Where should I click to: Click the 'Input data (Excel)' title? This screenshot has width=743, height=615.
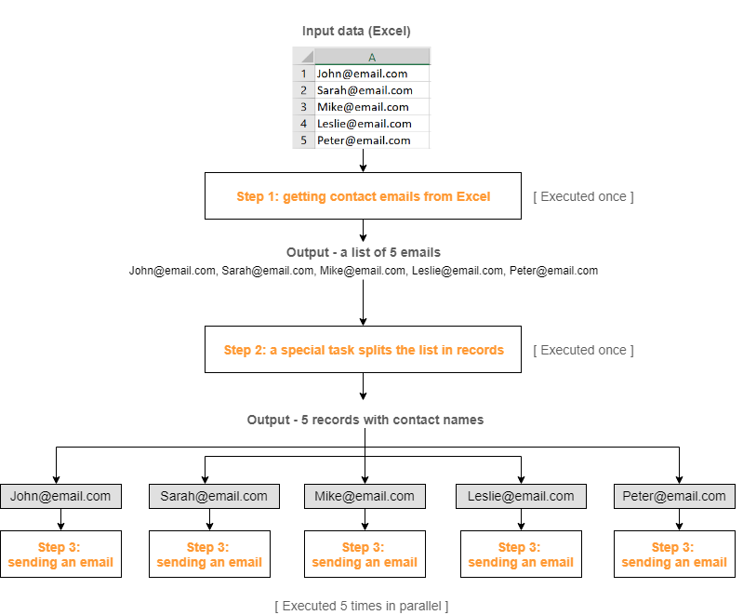pyautogui.click(x=356, y=32)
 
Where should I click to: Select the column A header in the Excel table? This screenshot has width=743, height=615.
pyautogui.click(x=372, y=57)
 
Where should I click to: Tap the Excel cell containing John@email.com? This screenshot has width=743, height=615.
pyautogui.click(x=372, y=74)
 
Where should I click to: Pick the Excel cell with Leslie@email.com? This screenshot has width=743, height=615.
pyautogui.click(x=372, y=124)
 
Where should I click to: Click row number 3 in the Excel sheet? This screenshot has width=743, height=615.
pyautogui.click(x=304, y=107)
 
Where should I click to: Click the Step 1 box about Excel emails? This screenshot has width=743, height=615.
pyautogui.click(x=363, y=195)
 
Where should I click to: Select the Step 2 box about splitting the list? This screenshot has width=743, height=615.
pyautogui.click(x=363, y=350)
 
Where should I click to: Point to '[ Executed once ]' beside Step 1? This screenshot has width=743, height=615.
pyautogui.click(x=583, y=196)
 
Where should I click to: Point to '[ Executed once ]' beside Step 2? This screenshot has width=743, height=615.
pyautogui.click(x=583, y=350)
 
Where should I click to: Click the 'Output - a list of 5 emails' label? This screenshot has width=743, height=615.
pyautogui.click(x=364, y=252)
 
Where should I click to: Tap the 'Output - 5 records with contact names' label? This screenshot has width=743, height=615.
pyautogui.click(x=365, y=420)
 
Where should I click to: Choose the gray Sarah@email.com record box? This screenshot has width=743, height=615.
pyautogui.click(x=214, y=497)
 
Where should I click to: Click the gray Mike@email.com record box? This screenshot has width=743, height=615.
pyautogui.click(x=365, y=497)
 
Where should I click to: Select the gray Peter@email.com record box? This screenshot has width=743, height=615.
pyautogui.click(x=674, y=497)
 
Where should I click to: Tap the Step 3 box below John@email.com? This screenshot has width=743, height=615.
pyautogui.click(x=60, y=555)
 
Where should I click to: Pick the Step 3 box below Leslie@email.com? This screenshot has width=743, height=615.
pyautogui.click(x=522, y=555)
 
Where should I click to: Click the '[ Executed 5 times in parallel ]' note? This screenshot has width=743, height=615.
pyautogui.click(x=362, y=606)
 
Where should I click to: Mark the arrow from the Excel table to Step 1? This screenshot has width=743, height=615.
pyautogui.click(x=363, y=160)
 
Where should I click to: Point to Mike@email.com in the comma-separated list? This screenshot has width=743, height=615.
pyautogui.click(x=363, y=271)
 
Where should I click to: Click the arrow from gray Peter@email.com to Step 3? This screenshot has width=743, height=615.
pyautogui.click(x=679, y=520)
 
